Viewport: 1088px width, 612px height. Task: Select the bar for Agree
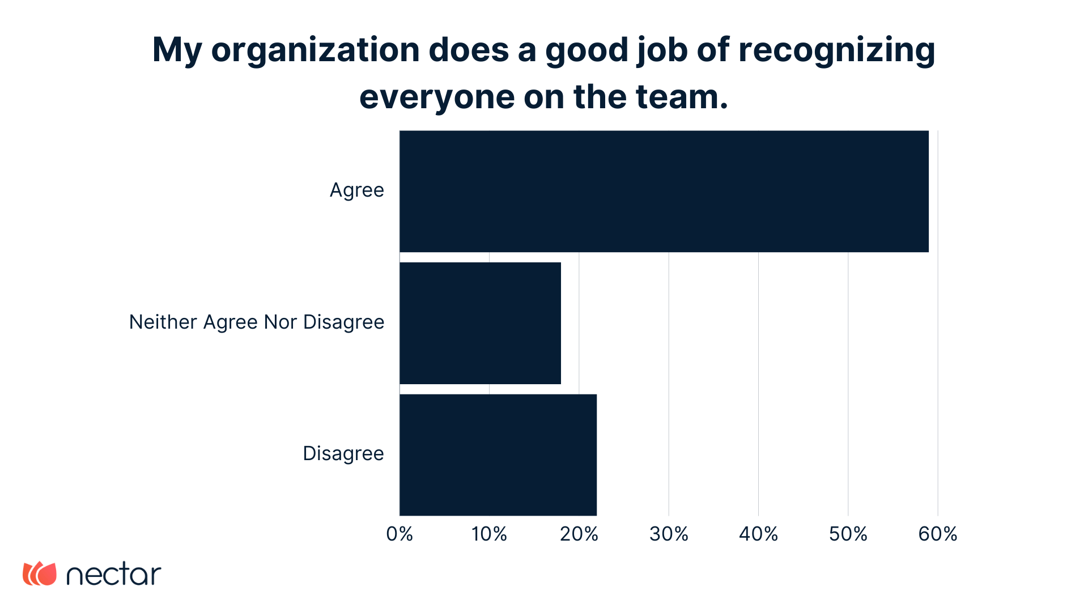coord(664,192)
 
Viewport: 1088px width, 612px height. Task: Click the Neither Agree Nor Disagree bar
coord(480,323)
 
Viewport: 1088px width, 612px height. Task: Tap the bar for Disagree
coord(498,454)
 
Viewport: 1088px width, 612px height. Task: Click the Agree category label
coord(356,190)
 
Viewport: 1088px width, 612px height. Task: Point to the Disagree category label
coord(343,454)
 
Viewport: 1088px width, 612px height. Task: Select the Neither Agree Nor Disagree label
coord(257,322)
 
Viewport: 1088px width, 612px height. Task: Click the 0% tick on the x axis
coord(399,534)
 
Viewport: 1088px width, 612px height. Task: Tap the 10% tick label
coord(489,534)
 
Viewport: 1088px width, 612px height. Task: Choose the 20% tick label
coord(579,534)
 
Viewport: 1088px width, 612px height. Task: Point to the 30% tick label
coord(669,534)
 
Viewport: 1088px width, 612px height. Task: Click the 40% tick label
coord(758,534)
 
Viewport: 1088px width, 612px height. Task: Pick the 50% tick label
coord(848,534)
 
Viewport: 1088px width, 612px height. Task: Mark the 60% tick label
coord(937,534)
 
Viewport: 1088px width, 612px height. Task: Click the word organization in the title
coord(315,51)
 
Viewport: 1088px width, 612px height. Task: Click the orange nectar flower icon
coord(40,573)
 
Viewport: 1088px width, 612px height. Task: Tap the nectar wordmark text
coord(114,574)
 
